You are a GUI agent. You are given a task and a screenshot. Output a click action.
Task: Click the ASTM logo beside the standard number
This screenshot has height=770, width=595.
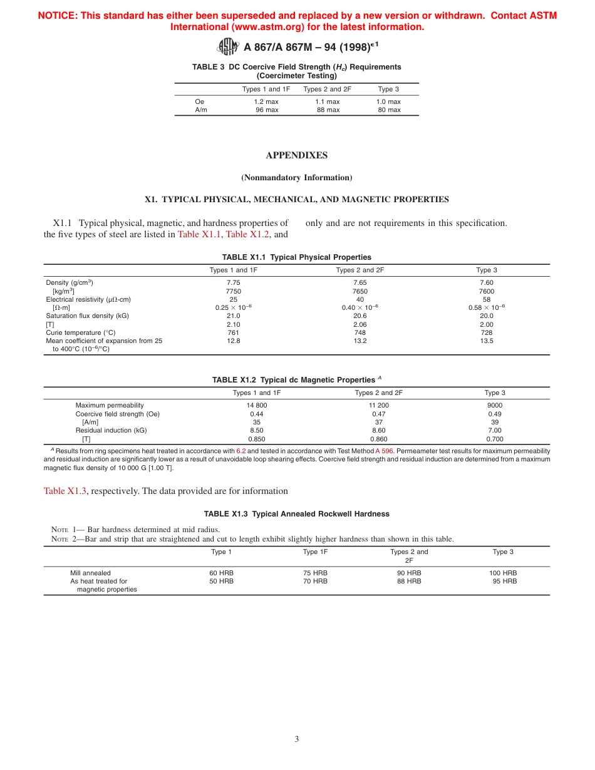coord(228,46)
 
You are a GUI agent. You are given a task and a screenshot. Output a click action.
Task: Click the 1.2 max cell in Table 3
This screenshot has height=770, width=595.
coord(266,101)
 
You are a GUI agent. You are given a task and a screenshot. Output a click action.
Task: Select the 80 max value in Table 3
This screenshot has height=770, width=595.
coord(389,110)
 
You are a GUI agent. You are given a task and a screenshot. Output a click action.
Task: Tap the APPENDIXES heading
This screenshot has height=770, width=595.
coord(296,155)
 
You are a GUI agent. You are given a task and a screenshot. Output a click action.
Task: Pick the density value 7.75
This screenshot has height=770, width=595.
coord(234,283)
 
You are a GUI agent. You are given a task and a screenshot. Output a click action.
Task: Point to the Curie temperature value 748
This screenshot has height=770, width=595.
coord(360,333)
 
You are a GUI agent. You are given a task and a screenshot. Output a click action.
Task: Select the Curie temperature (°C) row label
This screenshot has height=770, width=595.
coord(81,333)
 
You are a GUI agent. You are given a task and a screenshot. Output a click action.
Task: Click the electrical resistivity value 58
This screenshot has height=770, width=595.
coord(487,299)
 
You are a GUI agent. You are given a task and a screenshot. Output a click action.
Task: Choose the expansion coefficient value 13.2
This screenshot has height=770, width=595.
coord(360,341)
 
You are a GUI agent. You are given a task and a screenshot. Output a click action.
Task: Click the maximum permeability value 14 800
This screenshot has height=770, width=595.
coord(257,406)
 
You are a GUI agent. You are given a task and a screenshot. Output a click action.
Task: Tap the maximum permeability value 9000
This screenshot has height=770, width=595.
coord(495,406)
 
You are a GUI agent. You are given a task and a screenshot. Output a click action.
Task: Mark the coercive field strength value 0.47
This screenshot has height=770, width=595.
coord(379,414)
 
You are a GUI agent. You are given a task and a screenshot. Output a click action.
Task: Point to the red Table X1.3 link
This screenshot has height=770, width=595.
coord(63,491)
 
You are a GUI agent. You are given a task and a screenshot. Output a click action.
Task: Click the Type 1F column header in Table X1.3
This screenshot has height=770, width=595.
coord(315,552)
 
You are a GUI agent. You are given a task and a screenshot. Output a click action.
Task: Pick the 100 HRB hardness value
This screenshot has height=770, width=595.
coord(503,573)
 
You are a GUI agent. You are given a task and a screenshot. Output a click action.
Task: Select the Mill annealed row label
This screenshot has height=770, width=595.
coord(90,573)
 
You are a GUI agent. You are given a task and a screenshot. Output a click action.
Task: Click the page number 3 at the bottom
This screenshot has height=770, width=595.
coord(297,739)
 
